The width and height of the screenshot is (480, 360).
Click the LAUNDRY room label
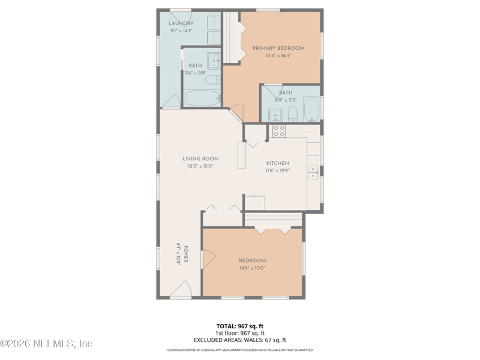tap(181, 23)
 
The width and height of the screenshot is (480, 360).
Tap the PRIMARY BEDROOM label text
tap(278, 49)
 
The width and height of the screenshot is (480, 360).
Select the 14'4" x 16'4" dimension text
tap(278, 56)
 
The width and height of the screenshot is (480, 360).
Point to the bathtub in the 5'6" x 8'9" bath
tap(202, 98)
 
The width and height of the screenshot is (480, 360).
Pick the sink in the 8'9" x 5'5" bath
tap(275, 114)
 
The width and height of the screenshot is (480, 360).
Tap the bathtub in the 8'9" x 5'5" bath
tap(311, 109)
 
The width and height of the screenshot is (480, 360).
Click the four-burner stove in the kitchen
tap(278, 131)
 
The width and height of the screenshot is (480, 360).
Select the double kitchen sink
tap(313, 172)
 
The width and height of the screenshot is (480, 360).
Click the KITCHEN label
tap(277, 163)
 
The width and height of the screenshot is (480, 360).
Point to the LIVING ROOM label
tap(200, 159)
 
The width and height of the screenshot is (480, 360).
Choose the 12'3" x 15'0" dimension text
tap(200, 166)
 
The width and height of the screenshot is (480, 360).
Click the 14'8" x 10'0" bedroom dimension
tap(252, 268)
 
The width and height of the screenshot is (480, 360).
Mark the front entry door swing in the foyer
tap(184, 290)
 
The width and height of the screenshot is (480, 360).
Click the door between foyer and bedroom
tap(208, 259)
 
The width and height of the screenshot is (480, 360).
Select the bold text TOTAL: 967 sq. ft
tap(240, 326)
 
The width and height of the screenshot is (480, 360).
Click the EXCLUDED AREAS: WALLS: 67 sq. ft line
tap(240, 340)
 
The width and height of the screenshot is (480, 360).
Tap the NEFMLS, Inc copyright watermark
tap(46, 344)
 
